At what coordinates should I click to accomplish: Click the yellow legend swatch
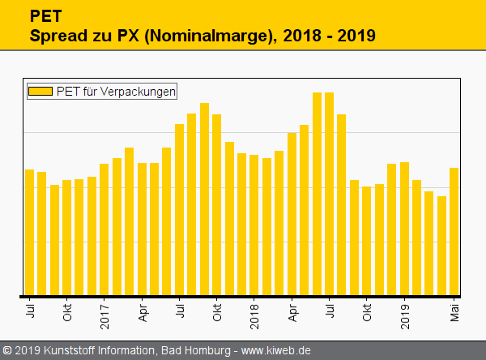(40, 92)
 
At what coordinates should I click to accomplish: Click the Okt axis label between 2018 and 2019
(367, 312)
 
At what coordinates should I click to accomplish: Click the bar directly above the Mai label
(454, 231)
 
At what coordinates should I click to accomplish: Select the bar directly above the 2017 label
(104, 229)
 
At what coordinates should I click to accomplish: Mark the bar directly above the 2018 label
(254, 225)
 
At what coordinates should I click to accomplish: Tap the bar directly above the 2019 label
(404, 229)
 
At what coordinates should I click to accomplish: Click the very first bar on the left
(30, 232)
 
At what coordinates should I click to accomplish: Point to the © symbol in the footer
(6, 351)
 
